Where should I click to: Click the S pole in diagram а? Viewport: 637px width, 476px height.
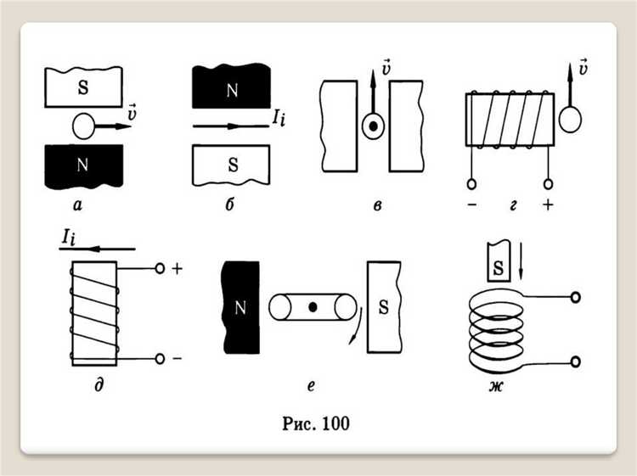point(82,88)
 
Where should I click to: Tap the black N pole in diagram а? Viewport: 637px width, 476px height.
point(82,165)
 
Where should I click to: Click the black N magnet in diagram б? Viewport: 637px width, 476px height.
point(232,90)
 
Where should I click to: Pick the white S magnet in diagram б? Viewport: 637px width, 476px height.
point(231,165)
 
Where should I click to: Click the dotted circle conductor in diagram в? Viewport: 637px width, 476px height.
point(372,126)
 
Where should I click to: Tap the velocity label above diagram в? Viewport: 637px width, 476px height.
point(386,66)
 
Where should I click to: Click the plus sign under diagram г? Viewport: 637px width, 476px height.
point(547,204)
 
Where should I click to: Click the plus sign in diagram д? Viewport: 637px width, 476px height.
point(177,268)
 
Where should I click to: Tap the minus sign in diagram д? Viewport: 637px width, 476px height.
point(177,359)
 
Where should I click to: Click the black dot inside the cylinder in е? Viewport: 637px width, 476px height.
point(313,307)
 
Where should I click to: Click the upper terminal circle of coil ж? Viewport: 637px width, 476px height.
point(577,298)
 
